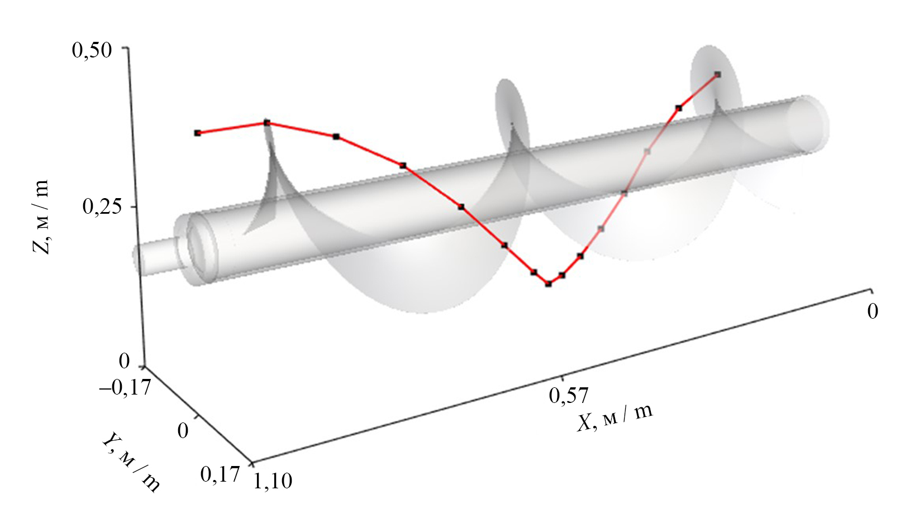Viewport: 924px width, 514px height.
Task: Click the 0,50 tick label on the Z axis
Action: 92,51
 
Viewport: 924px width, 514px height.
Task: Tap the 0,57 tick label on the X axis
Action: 569,396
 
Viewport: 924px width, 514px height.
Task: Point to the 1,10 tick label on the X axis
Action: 273,480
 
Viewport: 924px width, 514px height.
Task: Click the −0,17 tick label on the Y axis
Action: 125,388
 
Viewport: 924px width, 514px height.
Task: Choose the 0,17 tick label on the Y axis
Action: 220,474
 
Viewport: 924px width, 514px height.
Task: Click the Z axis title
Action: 40,217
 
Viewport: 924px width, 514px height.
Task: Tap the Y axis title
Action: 131,461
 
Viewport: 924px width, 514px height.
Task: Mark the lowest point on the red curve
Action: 548,284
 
